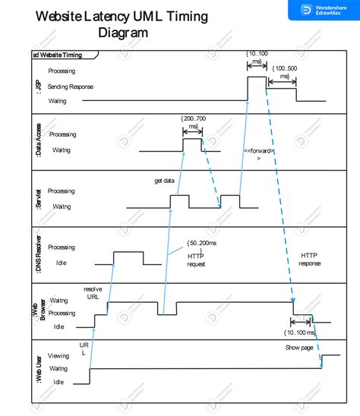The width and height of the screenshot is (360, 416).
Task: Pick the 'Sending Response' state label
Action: coord(71,87)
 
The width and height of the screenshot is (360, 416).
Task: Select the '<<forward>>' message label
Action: coord(259,154)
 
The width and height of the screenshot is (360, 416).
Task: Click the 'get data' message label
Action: coord(165,181)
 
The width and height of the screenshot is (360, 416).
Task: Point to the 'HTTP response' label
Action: coord(310,259)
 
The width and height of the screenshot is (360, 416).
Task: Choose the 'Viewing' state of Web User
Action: coord(58,355)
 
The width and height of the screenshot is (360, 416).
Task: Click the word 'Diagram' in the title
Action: coord(123,33)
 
